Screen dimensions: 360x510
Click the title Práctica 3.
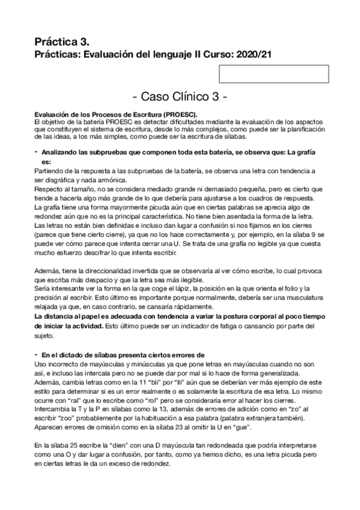tap(62, 42)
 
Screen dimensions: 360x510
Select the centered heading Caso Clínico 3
tap(179, 97)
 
